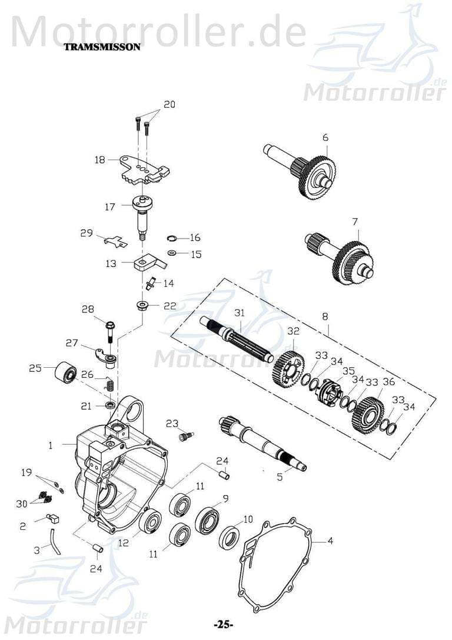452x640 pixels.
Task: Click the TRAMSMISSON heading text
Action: (102, 47)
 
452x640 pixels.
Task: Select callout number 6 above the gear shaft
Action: (325, 137)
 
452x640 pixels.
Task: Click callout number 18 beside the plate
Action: (99, 160)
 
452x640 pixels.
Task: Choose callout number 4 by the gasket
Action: (330, 540)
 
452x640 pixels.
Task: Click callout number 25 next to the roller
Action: (35, 368)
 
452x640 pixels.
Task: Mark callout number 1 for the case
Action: (51, 446)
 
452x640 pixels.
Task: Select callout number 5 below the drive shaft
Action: (280, 477)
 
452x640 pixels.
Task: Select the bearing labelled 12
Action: (150, 522)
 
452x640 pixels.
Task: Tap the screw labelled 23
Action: (187, 437)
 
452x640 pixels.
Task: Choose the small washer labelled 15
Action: (171, 253)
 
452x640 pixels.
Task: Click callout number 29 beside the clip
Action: (87, 233)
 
